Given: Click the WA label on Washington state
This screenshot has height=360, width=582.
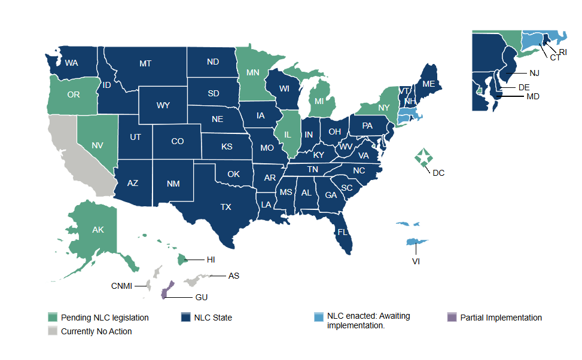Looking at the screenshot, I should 71,63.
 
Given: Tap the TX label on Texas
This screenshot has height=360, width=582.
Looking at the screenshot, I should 226,207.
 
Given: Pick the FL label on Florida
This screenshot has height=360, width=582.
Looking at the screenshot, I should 343,231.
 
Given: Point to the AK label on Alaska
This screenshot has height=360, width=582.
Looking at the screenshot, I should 98,230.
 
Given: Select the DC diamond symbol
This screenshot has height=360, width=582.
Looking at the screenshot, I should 424,158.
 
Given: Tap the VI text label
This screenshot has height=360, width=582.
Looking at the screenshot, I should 415,261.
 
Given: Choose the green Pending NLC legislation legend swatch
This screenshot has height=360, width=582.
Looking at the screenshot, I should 53,318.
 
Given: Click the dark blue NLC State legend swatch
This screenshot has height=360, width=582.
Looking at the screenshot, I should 185,318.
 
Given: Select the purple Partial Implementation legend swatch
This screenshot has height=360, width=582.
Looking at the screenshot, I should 452,318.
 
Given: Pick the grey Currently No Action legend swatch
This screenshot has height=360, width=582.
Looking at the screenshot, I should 53,331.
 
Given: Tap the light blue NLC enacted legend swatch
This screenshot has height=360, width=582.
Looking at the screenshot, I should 319,316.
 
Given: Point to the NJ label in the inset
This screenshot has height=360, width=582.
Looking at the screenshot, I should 534,74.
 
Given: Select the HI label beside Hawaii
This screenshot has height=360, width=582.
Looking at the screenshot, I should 211,260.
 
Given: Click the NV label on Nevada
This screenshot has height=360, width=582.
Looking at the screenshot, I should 97,144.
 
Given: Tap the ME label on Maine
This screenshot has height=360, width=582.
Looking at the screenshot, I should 428,84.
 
